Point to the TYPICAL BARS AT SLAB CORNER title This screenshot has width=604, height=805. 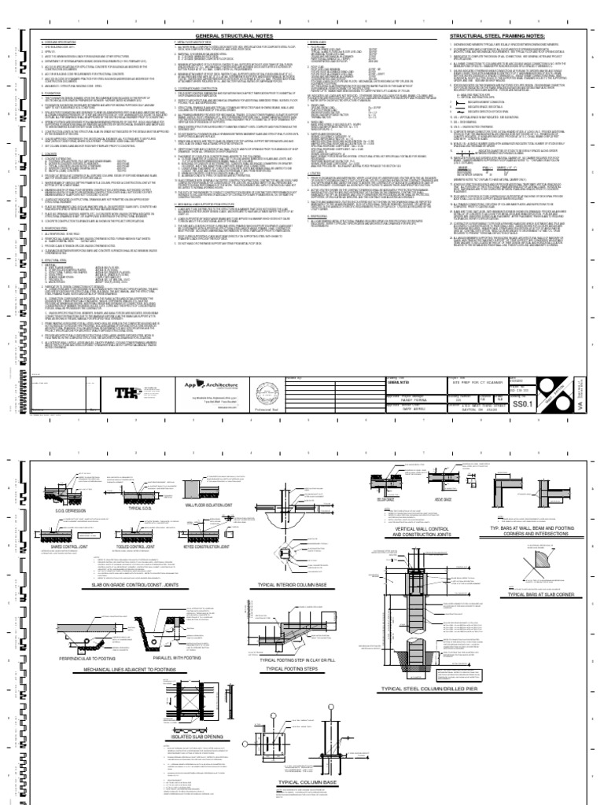pyautogui.click(x=543, y=595)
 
